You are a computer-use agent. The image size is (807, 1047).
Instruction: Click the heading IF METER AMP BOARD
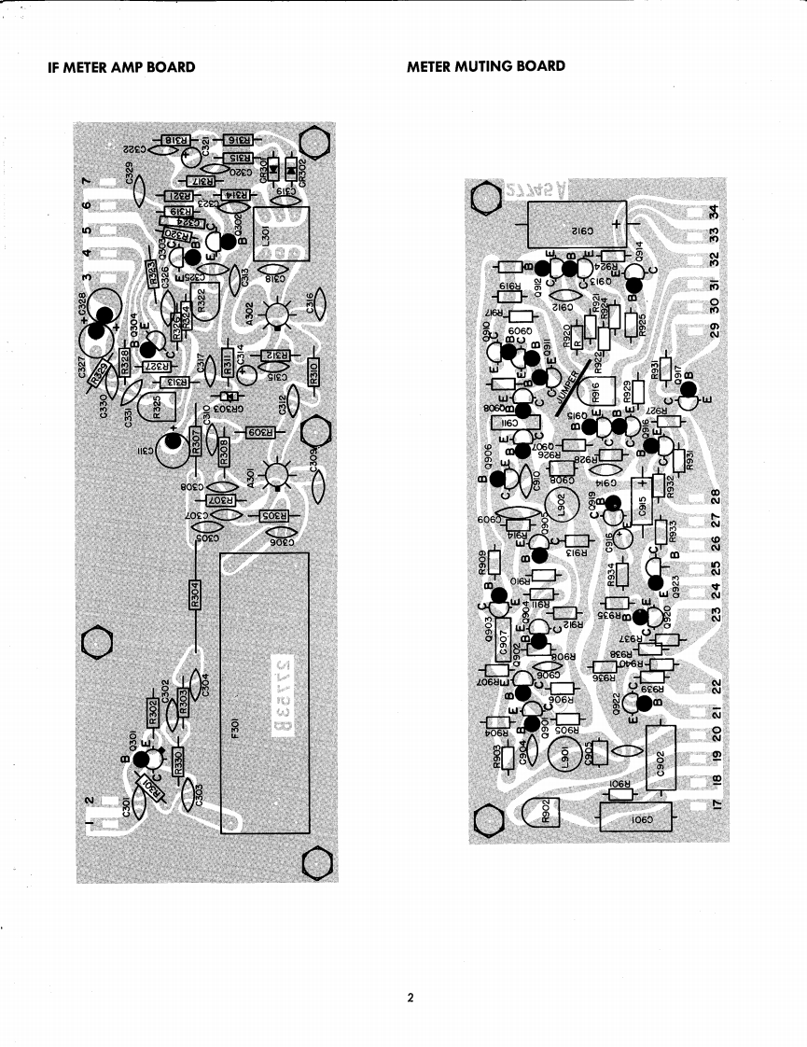121,67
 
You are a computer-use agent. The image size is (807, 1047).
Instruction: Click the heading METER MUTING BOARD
486,66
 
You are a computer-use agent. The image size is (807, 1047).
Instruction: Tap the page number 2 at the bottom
410,998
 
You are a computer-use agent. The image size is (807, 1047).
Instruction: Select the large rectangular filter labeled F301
264,692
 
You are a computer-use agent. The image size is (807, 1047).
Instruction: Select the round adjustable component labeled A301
276,477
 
